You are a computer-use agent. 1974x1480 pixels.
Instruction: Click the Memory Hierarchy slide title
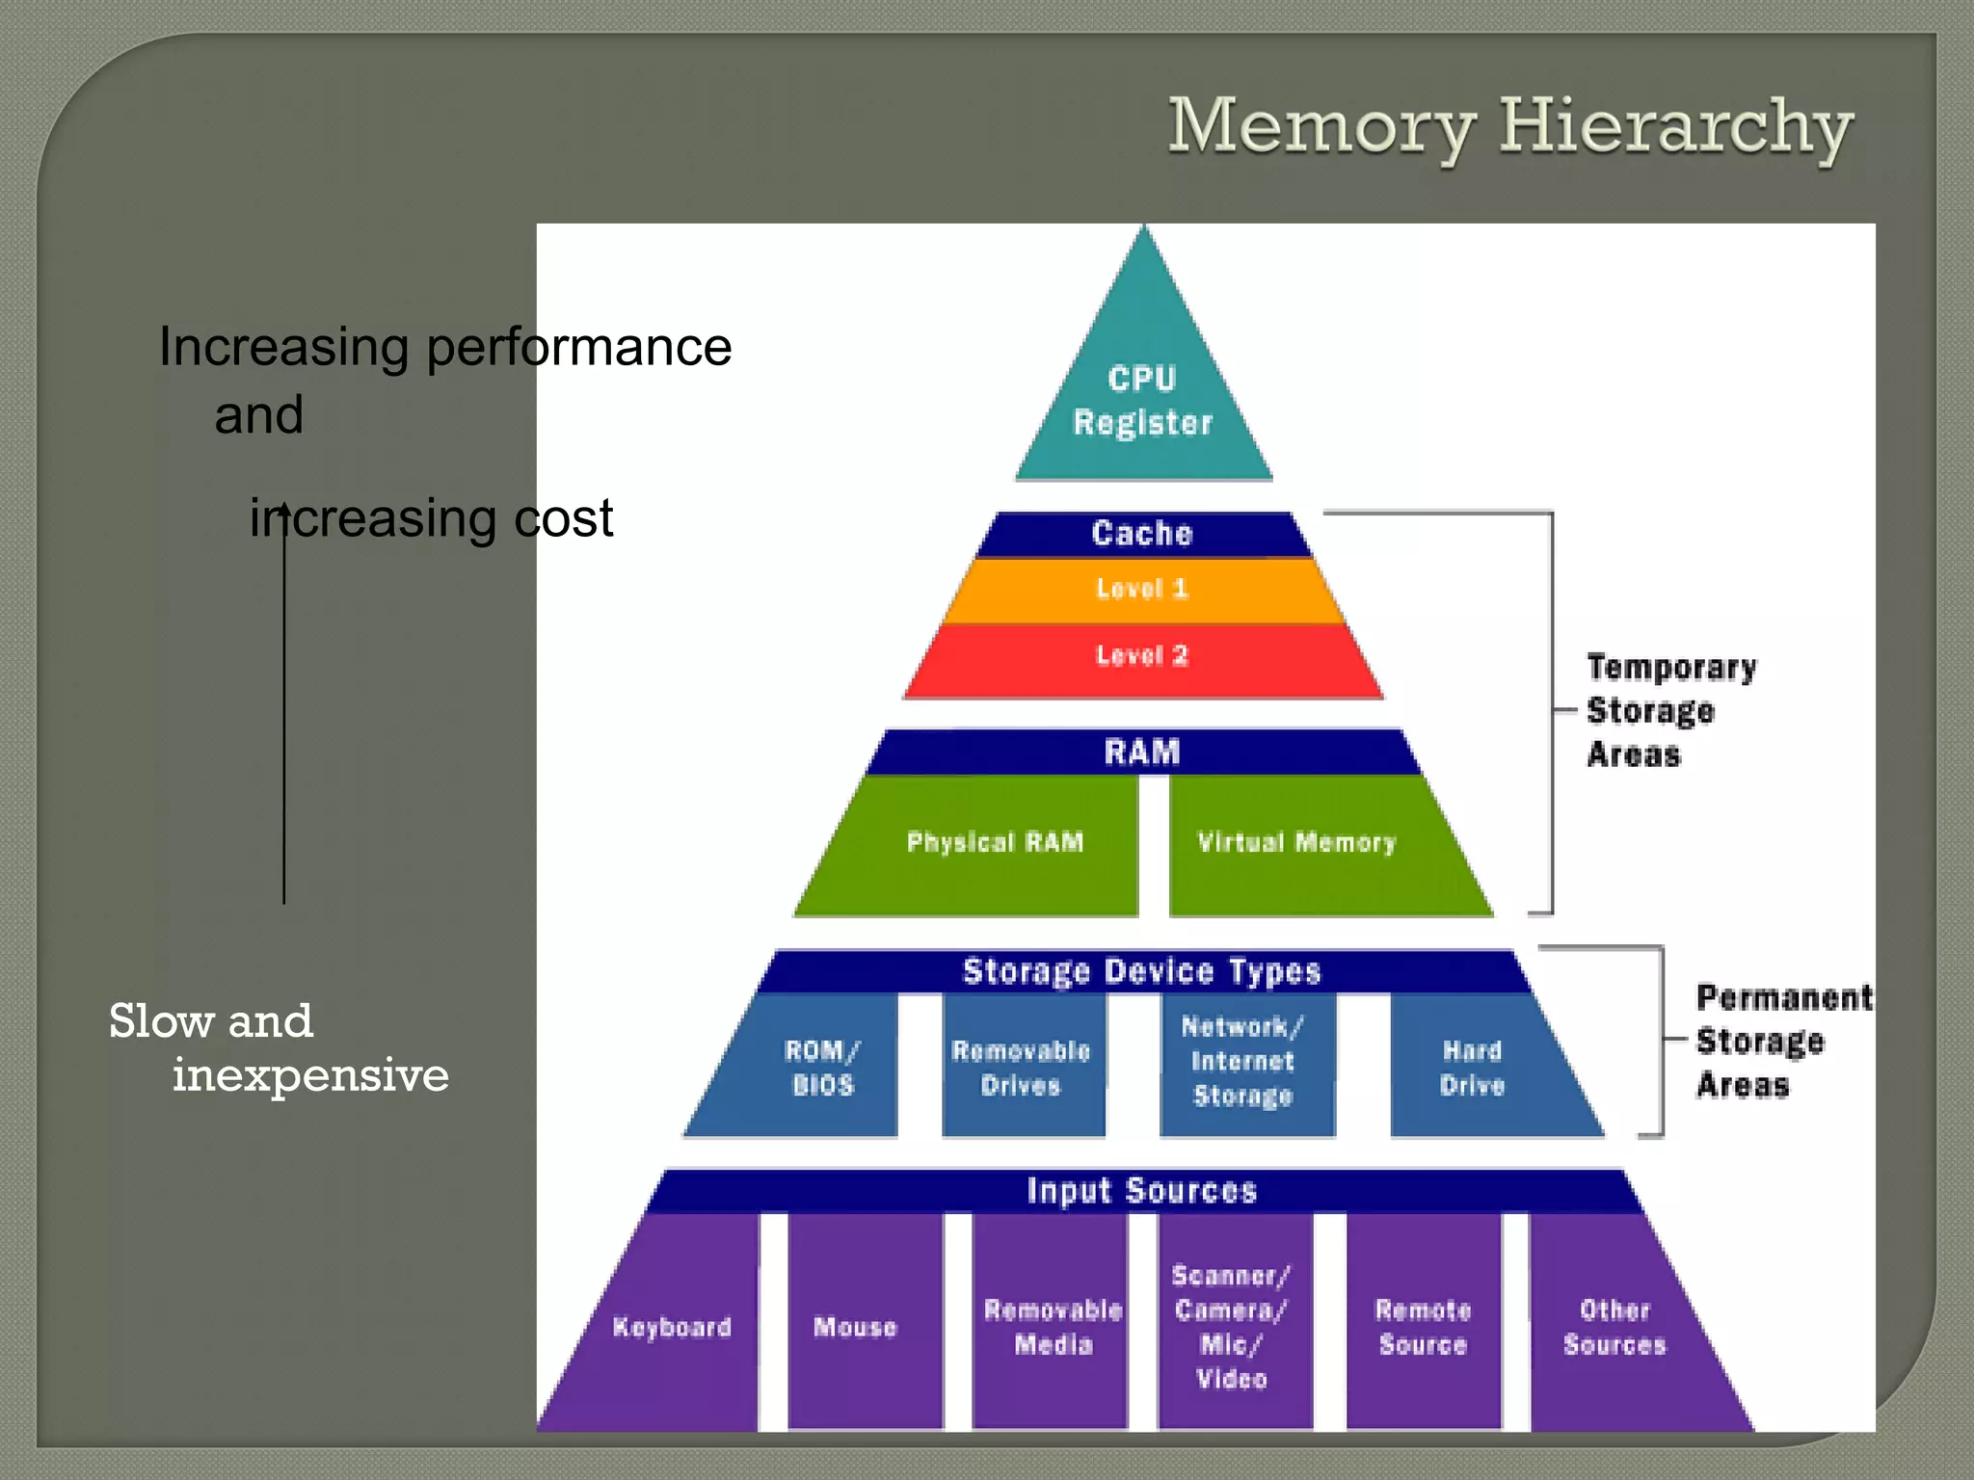1509,127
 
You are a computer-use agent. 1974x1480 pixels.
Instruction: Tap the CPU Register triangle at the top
1143,400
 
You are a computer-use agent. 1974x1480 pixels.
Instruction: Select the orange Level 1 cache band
1143,589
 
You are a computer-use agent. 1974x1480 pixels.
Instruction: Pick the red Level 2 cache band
1143,657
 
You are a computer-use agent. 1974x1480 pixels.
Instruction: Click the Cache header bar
1143,534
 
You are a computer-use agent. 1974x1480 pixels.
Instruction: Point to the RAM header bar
1143,752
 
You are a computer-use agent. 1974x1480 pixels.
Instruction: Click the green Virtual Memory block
1296,843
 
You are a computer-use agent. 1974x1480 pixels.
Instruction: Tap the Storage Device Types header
1143,971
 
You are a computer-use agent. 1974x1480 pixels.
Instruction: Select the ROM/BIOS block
822,1068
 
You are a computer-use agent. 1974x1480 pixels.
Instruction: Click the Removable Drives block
1022,1068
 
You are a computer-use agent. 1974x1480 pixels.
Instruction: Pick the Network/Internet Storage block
1243,1062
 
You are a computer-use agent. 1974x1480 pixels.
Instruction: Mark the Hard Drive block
1473,1068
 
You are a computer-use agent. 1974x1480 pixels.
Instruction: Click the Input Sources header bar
1143,1191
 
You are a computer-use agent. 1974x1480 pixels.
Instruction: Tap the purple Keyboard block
673,1328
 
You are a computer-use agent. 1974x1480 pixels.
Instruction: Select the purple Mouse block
856,1328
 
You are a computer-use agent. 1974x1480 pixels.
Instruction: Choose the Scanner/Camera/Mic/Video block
1232,1328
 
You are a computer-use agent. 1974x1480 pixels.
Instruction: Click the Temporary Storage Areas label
1670,711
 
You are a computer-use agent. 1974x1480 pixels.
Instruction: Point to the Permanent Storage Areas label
1783,1041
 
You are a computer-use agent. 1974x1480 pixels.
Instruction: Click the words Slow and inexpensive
278,1048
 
